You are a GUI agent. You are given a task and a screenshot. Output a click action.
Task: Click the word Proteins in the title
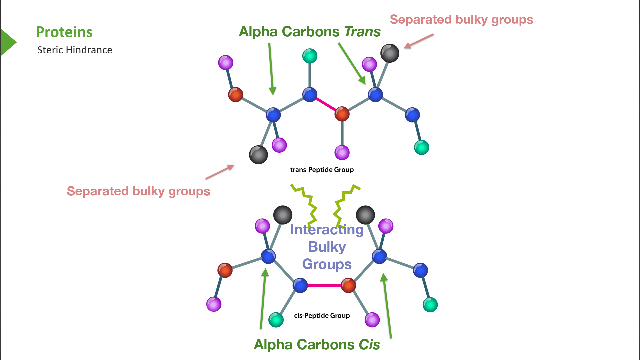click(64, 32)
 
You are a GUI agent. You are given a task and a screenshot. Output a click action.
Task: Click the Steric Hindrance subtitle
click(75, 50)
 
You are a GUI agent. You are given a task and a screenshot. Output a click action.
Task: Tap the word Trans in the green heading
click(362, 32)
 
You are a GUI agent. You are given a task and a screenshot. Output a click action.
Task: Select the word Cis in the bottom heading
click(369, 345)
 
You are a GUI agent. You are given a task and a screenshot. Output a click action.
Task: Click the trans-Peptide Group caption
click(322, 170)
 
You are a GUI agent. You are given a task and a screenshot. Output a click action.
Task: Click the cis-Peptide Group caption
click(322, 315)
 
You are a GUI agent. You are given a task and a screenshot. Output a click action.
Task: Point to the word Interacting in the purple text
click(327, 230)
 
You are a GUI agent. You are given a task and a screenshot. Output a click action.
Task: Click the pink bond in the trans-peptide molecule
click(326, 104)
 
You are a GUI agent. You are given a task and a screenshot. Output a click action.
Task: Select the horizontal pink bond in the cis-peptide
click(324, 285)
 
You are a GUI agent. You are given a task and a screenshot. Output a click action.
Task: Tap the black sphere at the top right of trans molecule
click(390, 53)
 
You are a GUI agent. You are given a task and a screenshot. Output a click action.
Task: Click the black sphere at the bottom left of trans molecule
click(258, 155)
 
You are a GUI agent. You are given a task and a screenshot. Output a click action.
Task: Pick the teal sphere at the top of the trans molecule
click(310, 56)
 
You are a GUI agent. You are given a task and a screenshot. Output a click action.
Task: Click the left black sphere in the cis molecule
click(283, 215)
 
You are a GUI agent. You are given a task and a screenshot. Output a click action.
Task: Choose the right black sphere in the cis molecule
click(365, 215)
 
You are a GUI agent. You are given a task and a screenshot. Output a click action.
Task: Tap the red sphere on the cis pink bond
click(348, 285)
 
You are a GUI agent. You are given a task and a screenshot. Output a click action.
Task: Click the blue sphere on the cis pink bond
click(300, 285)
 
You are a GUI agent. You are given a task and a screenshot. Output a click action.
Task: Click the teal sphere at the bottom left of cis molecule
click(276, 320)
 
